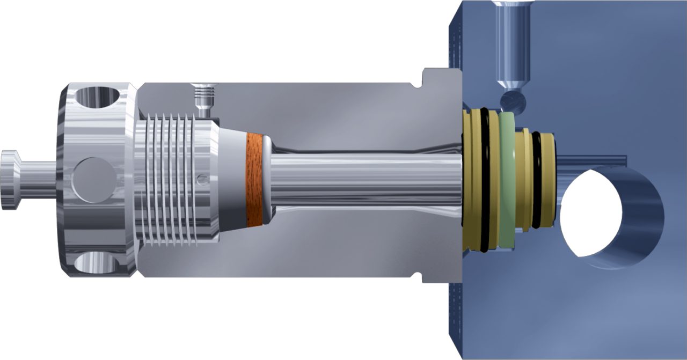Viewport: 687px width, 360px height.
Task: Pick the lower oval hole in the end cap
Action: point(97,263)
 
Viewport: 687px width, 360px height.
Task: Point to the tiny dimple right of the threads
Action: point(200,178)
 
